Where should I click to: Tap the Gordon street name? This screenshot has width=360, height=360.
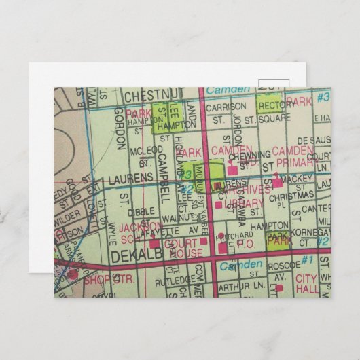coord(120,128)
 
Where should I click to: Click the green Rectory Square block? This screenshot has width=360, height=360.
coord(270,105)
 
